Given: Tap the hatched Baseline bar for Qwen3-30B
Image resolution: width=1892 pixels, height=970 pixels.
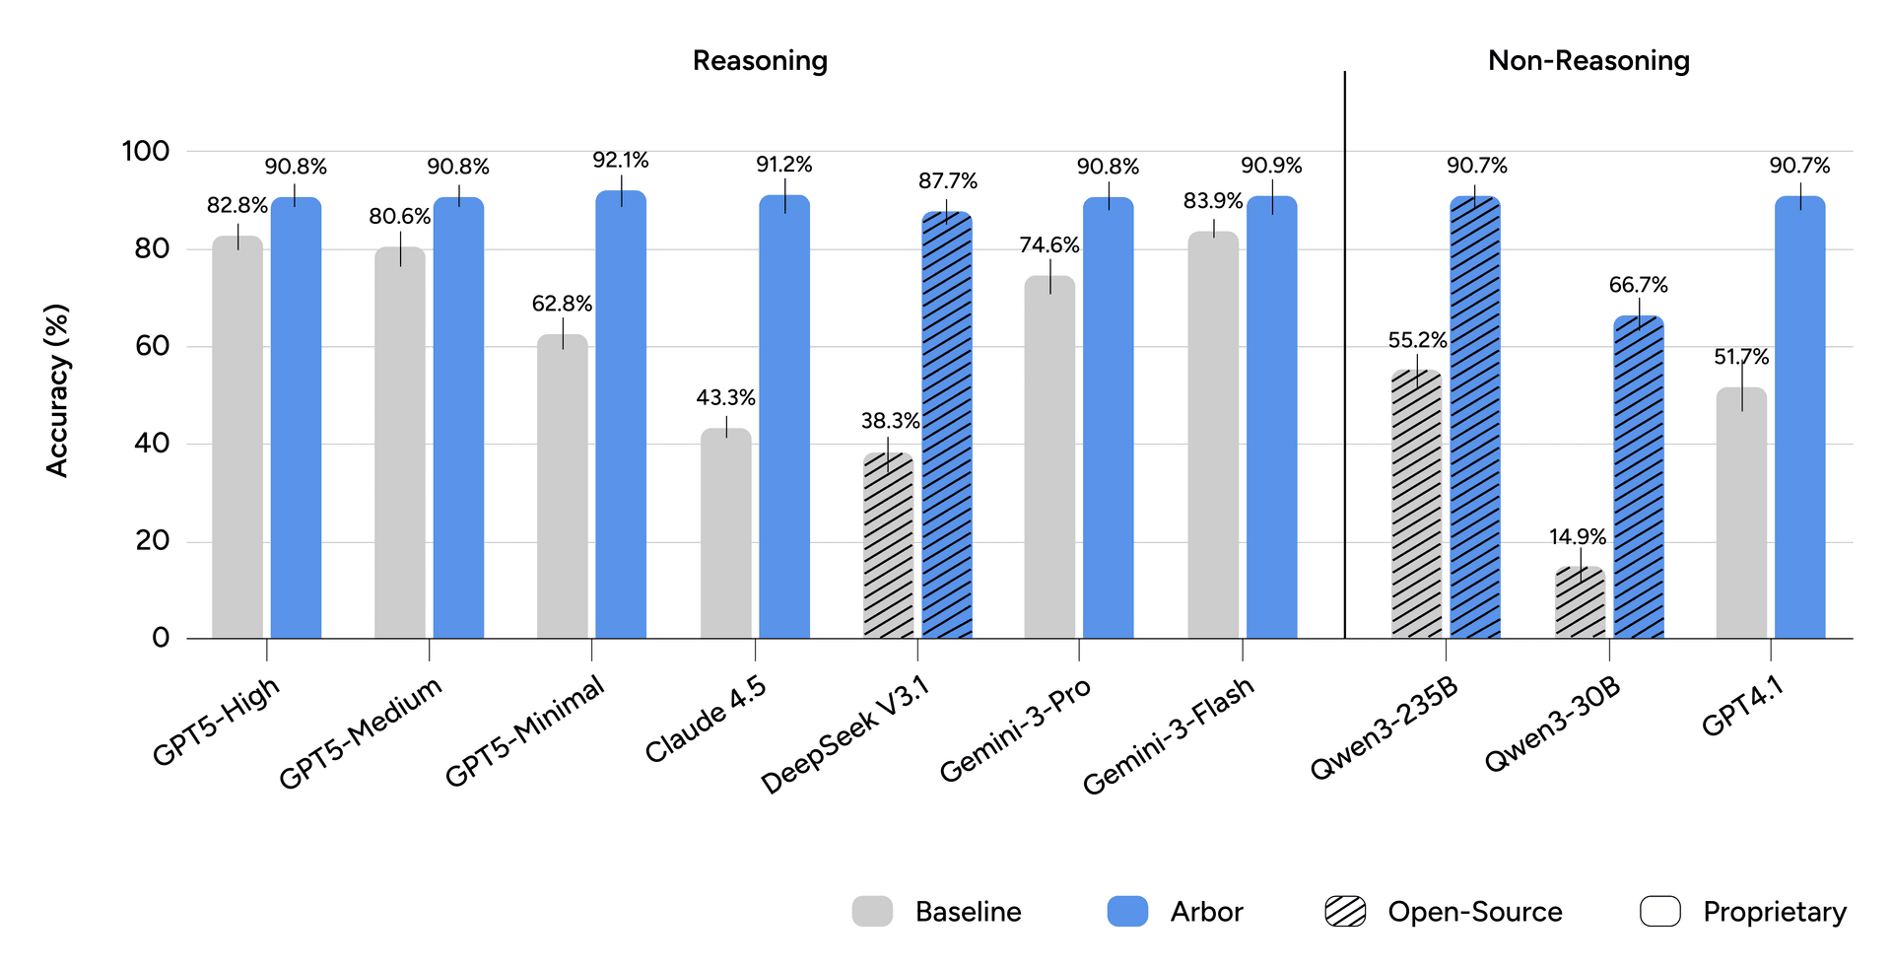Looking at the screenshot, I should (x=1581, y=602).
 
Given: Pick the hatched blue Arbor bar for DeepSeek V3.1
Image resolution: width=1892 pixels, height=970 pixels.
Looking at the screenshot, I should (x=947, y=425).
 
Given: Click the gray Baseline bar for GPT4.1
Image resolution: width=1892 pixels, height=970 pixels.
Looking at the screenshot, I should (x=1741, y=513).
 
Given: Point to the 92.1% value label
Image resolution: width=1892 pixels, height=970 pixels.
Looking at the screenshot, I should (x=621, y=160).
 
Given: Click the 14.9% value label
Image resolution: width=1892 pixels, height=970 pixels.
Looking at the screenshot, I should (x=1578, y=537).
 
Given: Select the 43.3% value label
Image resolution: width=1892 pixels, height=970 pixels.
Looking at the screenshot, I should (x=726, y=398).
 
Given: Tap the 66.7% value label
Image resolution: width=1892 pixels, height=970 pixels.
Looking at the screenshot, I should (x=1639, y=286).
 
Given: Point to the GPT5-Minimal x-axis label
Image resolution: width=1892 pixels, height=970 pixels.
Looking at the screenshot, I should (x=524, y=732).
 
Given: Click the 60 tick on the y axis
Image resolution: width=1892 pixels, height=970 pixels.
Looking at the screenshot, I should (x=146, y=346).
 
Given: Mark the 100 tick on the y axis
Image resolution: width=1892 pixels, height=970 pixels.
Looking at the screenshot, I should (x=146, y=151).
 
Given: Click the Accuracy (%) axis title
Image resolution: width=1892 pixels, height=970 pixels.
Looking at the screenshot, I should (x=58, y=390).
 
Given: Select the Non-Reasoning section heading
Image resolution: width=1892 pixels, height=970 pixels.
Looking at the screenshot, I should (x=1588, y=61).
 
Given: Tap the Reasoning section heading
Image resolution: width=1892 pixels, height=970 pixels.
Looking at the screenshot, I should (x=760, y=61).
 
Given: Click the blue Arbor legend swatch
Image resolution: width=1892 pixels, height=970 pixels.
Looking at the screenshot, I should (x=1127, y=912).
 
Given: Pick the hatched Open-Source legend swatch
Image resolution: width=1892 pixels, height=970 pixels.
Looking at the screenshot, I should (x=1345, y=912).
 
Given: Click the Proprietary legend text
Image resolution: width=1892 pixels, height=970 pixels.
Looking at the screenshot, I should (x=1775, y=912).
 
